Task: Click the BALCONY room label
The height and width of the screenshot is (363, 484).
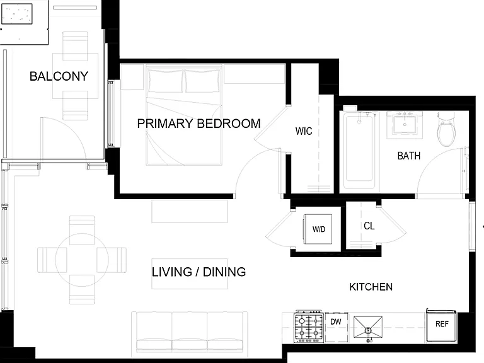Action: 59,76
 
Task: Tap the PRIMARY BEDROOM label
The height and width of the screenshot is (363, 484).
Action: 199,124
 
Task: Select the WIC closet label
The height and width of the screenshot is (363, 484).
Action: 304,131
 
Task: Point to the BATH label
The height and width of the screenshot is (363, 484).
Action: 409,156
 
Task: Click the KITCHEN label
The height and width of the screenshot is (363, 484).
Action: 371,287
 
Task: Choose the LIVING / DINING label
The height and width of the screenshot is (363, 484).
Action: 199,272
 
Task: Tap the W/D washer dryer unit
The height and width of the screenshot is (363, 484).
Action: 318,229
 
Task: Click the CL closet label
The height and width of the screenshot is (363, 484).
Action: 369,226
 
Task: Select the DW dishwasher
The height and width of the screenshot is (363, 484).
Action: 336,326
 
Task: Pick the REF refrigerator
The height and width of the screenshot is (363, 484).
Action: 441,325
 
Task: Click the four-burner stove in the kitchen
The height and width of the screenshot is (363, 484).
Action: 309,326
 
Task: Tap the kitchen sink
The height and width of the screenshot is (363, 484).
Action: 368,329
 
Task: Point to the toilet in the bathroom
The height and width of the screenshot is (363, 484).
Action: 446,130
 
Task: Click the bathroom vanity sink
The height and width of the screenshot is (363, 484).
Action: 405,124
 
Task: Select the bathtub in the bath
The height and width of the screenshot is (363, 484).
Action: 359,150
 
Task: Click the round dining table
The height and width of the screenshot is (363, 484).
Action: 82,260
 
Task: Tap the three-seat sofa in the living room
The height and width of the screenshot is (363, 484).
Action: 190,335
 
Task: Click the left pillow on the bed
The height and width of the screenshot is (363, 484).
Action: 166,81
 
